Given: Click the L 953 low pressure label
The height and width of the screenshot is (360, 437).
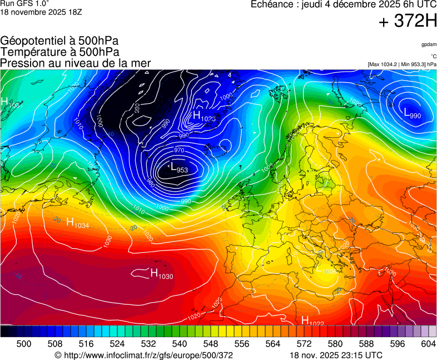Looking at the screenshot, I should click(178, 167).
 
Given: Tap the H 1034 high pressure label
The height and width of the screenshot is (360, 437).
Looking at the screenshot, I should click(78, 223).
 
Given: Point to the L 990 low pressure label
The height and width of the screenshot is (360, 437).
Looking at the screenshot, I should click(412, 114).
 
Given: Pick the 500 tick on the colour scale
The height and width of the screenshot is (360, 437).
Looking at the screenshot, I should click(23, 344).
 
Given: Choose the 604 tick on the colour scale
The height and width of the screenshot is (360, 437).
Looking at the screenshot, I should click(428, 344).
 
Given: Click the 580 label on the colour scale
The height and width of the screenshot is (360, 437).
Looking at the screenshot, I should click(335, 344).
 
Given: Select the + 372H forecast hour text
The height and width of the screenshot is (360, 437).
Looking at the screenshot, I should click(407, 22).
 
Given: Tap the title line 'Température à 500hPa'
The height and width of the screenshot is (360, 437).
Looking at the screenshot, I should click(59, 52).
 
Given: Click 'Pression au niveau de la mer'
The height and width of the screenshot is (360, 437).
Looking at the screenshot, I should click(75, 63).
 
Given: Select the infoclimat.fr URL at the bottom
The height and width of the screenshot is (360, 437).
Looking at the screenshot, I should click(143, 355).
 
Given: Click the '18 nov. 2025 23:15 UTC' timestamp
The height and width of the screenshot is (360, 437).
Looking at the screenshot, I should click(336, 355).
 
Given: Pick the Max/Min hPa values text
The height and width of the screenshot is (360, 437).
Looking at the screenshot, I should click(401, 64).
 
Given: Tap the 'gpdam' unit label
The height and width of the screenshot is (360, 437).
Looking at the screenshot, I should click(428, 44).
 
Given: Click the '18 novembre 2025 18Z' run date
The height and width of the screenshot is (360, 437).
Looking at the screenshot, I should click(41, 12).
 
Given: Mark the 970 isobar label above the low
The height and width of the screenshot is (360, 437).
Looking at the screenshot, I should click(179, 150).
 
